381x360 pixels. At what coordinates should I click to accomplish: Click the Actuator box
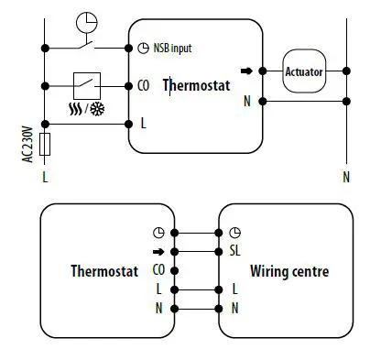pos(305,71)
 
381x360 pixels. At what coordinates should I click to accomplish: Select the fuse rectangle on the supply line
pos(45,145)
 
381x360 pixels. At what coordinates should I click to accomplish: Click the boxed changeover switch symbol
pos(89,85)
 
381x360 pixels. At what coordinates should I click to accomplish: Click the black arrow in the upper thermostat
pos(245,70)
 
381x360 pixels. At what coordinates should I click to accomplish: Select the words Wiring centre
pos(289,271)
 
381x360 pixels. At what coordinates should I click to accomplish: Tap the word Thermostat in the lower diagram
pos(104,271)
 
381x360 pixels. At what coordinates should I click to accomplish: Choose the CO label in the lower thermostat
pos(158,270)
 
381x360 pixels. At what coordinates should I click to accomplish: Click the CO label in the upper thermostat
pos(143,86)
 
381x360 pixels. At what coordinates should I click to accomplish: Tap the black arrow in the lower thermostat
pos(158,251)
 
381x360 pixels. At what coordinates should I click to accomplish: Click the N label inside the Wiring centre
pos(235,308)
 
